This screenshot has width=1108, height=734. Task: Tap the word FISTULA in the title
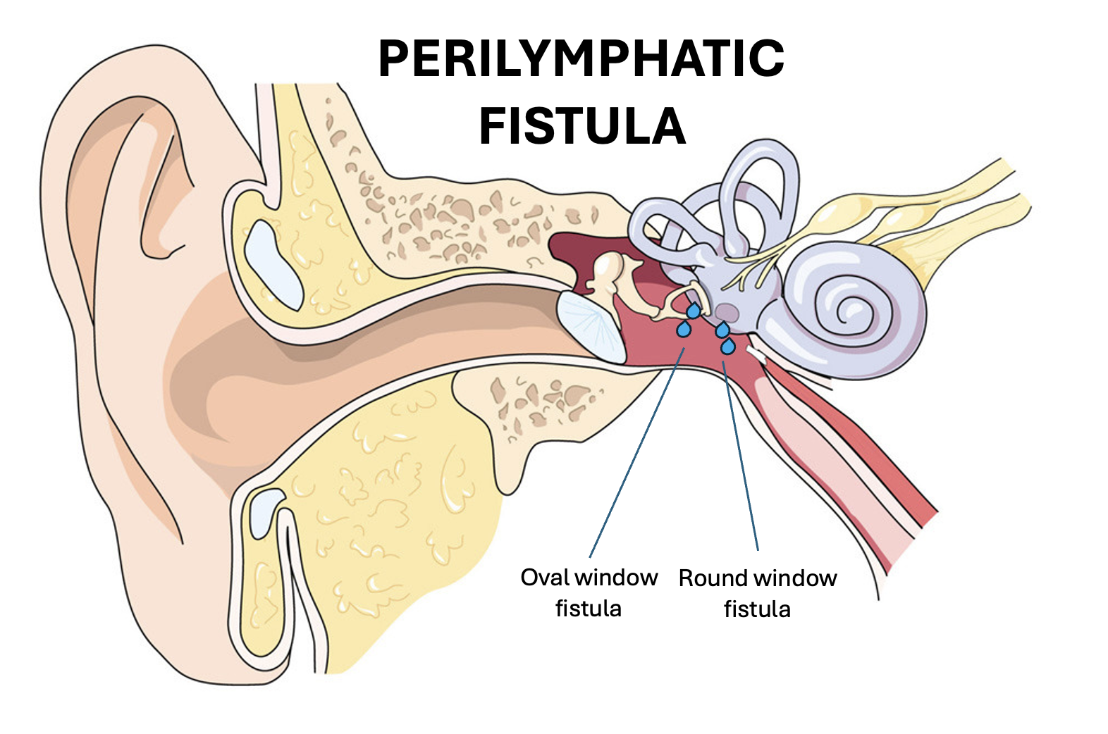point(582,126)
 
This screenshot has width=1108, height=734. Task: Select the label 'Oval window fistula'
point(589,592)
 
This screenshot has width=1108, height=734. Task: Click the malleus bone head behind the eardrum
point(608,271)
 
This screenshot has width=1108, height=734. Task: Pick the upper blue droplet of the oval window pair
point(694,311)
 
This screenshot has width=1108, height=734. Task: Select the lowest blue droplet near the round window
point(728,346)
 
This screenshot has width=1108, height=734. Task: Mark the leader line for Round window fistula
point(740,458)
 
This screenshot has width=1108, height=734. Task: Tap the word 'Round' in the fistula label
point(713,578)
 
